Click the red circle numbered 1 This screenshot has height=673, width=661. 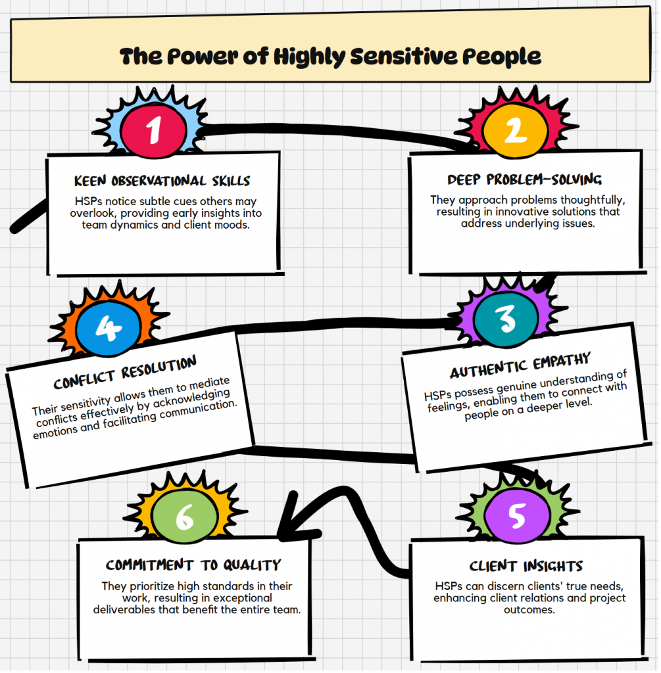coord(153,129)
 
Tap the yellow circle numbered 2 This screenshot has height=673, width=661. coord(514,131)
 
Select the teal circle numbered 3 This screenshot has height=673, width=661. coord(506,319)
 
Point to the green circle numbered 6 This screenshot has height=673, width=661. coord(184,519)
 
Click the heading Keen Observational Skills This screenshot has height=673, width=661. coord(162,181)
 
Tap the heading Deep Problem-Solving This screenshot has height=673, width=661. coord(524,179)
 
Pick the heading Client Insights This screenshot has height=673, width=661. coord(526,566)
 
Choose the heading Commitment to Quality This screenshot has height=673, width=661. coord(193,565)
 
